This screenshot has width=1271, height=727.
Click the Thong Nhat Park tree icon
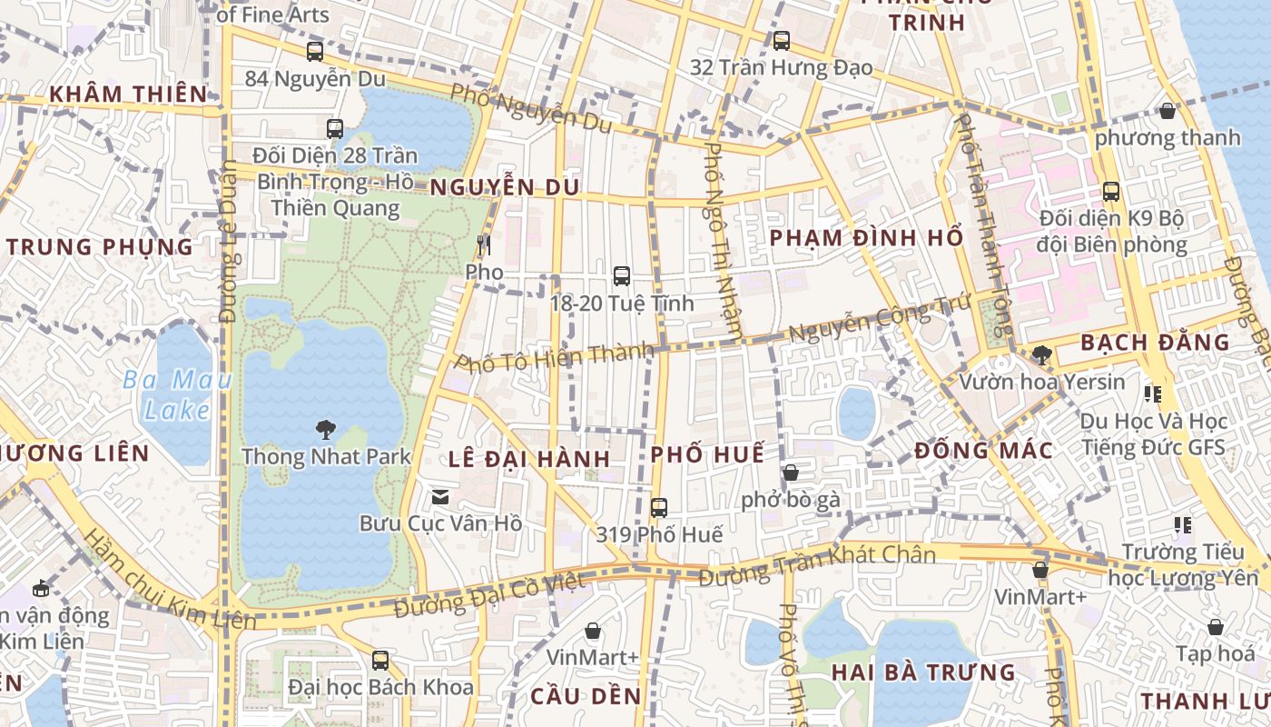[325, 429]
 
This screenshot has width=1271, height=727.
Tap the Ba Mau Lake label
[178, 394]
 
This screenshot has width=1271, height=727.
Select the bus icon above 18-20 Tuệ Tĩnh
[622, 275]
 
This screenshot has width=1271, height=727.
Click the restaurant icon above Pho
[484, 244]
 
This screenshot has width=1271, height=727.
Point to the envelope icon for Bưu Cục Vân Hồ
[440, 496]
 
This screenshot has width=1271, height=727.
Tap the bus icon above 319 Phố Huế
[659, 507]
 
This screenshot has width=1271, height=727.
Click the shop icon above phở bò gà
[791, 473]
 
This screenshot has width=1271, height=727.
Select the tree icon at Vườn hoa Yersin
[1041, 354]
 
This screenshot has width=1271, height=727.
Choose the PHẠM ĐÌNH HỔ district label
[866, 238]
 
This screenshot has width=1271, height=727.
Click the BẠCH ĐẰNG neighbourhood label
[1155, 343]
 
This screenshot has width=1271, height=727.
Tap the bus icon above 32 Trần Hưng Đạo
[782, 40]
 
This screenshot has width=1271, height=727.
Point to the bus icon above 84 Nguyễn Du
[315, 52]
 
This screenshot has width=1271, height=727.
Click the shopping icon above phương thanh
[1168, 111]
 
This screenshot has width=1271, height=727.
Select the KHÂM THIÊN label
[129, 94]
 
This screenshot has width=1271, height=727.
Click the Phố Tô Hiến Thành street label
[554, 356]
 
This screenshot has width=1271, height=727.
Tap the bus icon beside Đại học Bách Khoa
[380, 660]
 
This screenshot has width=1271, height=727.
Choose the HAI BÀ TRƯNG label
[924, 672]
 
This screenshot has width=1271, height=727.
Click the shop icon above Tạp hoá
[1216, 627]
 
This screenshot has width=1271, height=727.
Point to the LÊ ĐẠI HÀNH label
[528, 458]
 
